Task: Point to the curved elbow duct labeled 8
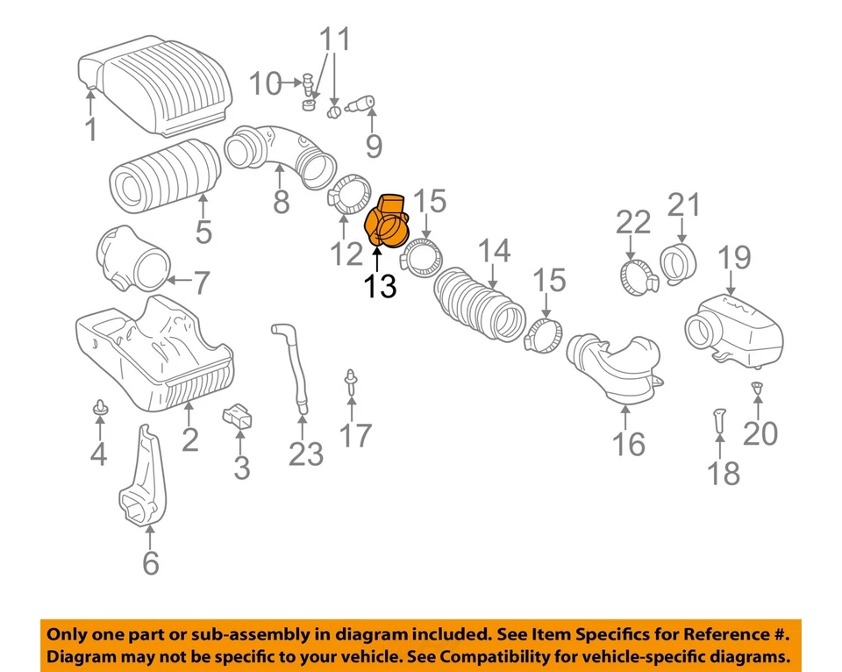point(280,153)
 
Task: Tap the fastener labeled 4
point(99,407)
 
